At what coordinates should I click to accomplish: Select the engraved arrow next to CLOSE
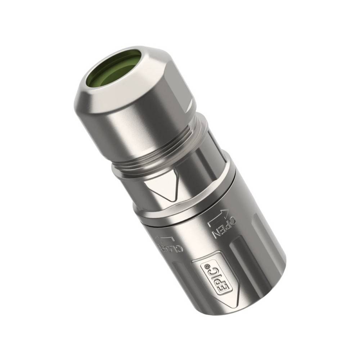click(164, 238)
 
